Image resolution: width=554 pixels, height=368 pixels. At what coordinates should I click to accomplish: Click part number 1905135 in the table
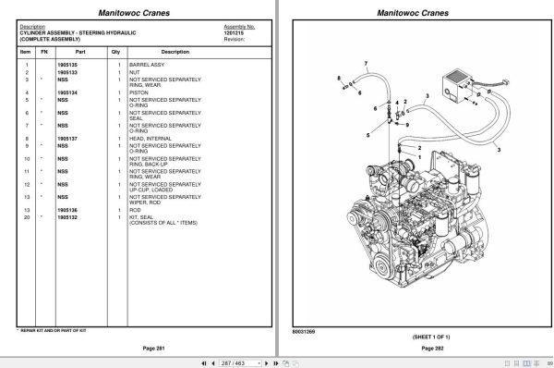67,63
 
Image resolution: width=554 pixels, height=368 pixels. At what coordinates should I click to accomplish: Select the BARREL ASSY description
148,63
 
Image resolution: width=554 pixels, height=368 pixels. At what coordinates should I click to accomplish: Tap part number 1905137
67,138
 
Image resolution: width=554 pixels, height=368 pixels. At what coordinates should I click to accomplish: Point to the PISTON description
138,93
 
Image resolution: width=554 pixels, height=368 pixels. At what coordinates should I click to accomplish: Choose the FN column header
42,52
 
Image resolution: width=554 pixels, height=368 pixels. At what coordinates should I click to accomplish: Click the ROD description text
135,210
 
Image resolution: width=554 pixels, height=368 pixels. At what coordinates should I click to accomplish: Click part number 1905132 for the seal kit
67,216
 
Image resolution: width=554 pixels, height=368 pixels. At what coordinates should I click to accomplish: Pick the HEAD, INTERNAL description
149,138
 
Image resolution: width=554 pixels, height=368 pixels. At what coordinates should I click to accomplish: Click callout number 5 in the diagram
367,135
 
